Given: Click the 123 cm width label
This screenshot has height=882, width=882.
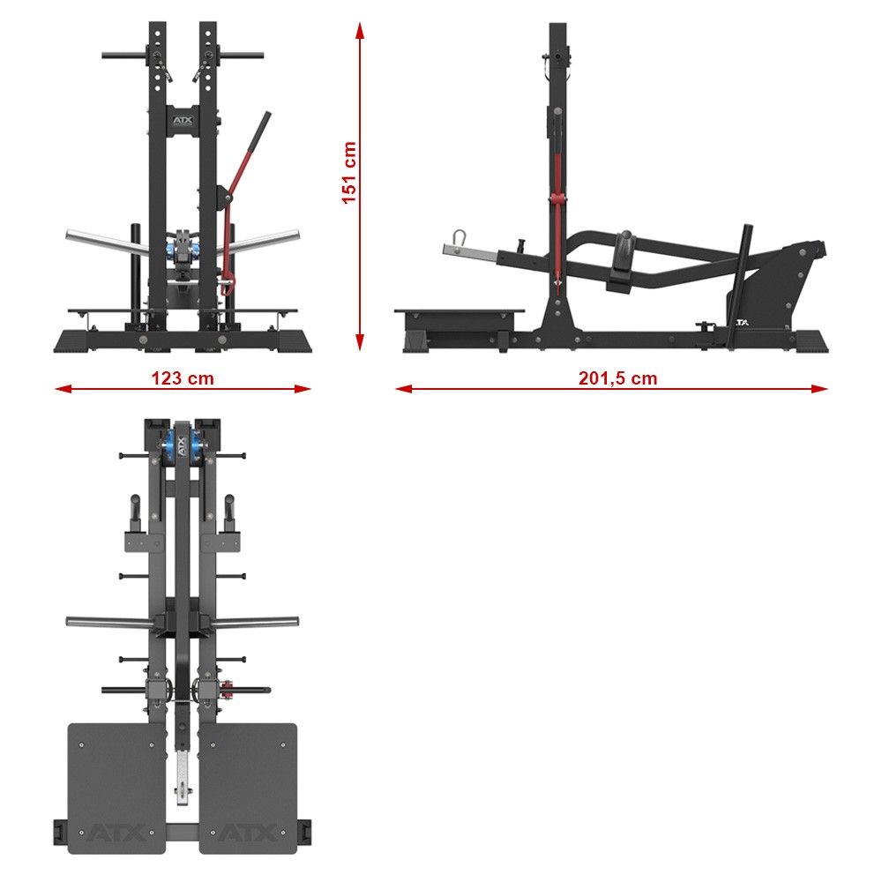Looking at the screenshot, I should pos(183,378).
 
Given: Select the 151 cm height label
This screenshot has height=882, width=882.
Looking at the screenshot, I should pos(349,173).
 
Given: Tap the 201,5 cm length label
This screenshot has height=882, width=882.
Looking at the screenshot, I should pos(617,378).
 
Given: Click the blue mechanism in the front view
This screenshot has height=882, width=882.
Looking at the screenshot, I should pos(183,248).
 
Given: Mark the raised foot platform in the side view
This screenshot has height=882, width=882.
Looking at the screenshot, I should pos(459,315).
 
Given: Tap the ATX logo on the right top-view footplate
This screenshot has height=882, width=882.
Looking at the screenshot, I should pos(247,832).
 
